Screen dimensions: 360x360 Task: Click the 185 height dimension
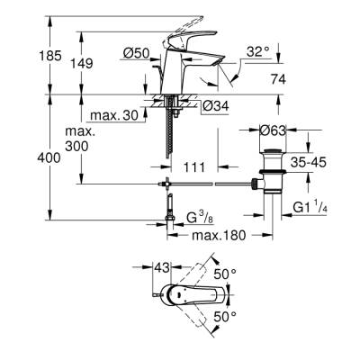coord(26,55)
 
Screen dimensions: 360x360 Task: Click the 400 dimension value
coord(25,158)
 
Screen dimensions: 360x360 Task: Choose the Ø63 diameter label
coord(274,130)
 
